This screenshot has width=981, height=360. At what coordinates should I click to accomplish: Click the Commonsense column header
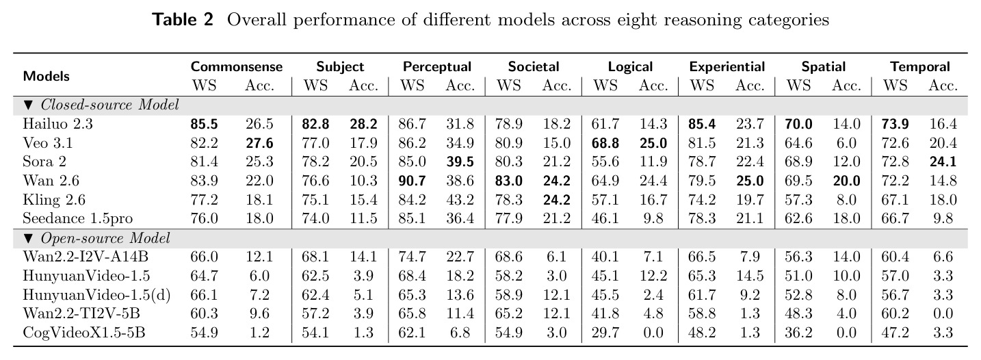click(237, 66)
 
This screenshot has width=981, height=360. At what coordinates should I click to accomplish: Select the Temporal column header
click(919, 66)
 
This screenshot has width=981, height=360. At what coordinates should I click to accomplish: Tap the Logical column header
click(630, 67)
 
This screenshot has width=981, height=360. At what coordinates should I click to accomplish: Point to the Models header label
click(46, 76)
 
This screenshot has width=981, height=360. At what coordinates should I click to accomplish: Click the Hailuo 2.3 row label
click(58, 124)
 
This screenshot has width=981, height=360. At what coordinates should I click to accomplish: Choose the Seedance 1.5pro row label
click(77, 218)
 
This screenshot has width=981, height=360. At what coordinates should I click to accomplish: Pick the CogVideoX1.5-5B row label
click(83, 333)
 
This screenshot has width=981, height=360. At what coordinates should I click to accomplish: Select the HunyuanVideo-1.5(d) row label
click(96, 295)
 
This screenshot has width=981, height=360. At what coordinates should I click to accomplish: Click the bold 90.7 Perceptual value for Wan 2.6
click(412, 181)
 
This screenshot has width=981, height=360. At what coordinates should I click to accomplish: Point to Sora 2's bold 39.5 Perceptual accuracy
click(460, 162)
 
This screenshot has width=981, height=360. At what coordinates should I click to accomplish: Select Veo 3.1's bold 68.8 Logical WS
click(605, 143)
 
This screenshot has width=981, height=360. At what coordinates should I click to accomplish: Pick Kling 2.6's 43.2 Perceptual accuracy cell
click(460, 200)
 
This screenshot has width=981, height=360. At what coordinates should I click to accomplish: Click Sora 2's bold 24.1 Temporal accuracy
click(943, 162)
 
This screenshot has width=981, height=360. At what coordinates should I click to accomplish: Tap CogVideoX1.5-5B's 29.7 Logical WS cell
click(605, 333)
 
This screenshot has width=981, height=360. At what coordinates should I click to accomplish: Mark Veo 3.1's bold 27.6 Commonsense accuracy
click(259, 143)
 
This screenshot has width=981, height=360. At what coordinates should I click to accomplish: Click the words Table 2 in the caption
click(183, 20)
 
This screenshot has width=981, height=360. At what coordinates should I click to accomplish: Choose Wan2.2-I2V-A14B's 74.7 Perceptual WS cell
click(412, 257)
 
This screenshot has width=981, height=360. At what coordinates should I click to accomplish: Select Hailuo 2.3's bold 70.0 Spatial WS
click(798, 124)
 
